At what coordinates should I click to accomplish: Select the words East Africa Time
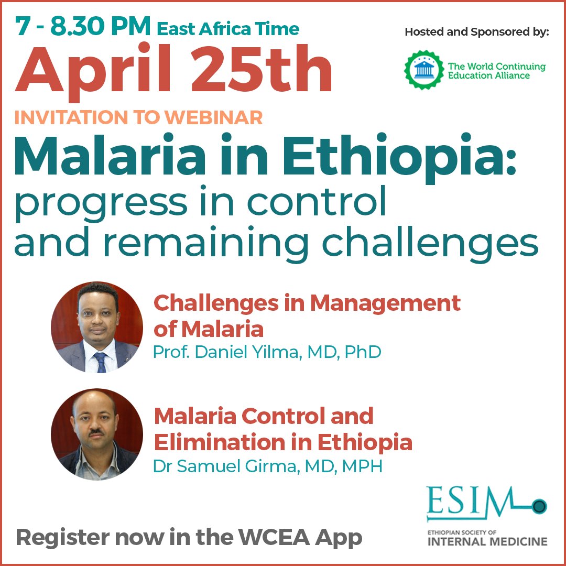tap(228, 28)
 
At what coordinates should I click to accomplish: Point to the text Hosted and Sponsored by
tap(476, 32)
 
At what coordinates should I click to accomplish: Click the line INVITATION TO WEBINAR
tap(138, 117)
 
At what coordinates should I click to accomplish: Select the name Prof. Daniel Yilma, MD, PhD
tap(267, 352)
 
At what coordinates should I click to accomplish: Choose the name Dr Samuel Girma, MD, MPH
tap(267, 466)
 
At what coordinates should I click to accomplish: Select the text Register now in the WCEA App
tap(189, 538)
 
